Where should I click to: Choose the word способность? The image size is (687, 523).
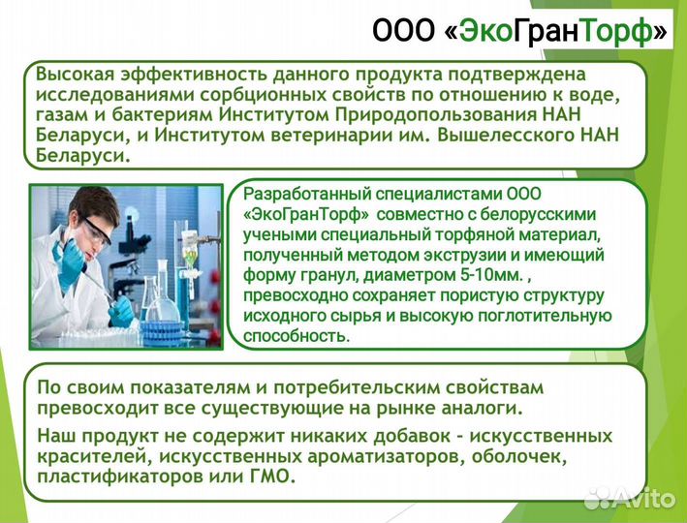coord(295,335)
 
